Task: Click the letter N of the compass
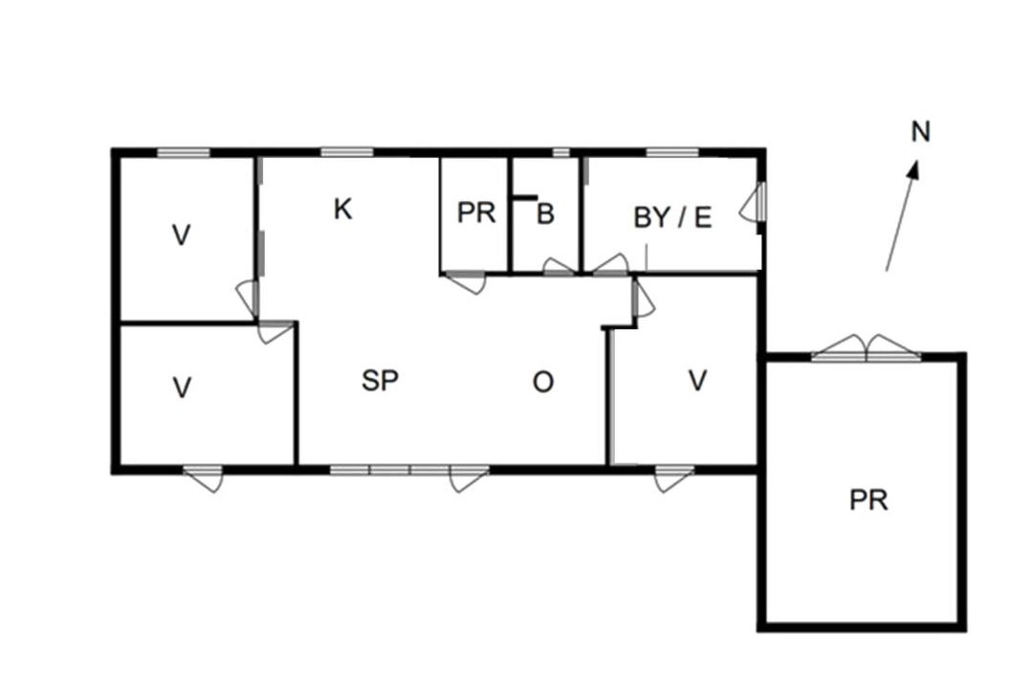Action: click(920, 132)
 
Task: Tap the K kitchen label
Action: click(342, 210)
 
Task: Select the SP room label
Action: click(380, 381)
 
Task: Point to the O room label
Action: click(543, 382)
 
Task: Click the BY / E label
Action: click(672, 217)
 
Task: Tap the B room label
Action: click(545, 213)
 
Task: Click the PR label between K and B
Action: click(475, 213)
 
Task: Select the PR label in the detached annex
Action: click(868, 500)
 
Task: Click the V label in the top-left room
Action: click(181, 234)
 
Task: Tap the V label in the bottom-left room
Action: click(182, 388)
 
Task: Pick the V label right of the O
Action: click(697, 381)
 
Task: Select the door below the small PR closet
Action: click(465, 281)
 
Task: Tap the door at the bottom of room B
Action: click(559, 268)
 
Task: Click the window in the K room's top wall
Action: click(347, 152)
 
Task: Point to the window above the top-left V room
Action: click(183, 152)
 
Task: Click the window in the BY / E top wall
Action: click(672, 152)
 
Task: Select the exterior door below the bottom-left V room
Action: click(204, 478)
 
